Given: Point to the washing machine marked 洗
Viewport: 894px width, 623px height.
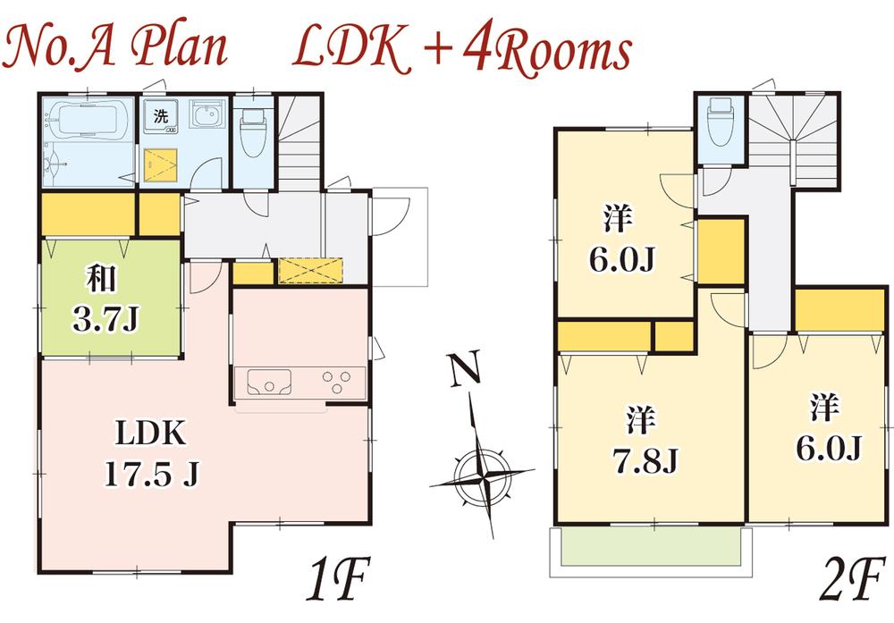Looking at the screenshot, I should (161, 119).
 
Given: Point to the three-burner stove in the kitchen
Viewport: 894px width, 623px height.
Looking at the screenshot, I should (338, 382).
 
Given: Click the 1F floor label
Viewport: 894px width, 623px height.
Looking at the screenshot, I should (336, 582).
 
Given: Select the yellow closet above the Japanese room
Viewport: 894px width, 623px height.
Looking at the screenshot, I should (88, 215).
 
